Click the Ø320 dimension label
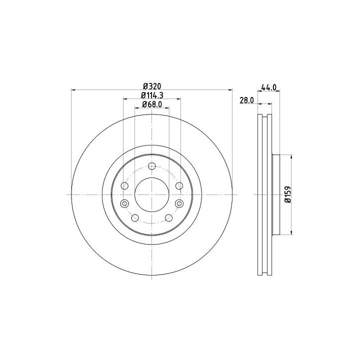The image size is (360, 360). [x=152, y=86]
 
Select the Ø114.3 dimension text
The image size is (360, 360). [x=152, y=95]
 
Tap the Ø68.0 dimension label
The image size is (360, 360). [x=152, y=104]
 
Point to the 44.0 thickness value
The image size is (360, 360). [x=268, y=87]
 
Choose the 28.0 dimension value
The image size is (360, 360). [x=247, y=100]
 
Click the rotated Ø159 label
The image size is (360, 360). [x=288, y=194]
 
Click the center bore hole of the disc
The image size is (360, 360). [x=152, y=194]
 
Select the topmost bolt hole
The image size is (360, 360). [x=152, y=166]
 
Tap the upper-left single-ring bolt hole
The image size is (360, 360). [x=124, y=185]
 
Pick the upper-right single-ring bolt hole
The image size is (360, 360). [x=179, y=185]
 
